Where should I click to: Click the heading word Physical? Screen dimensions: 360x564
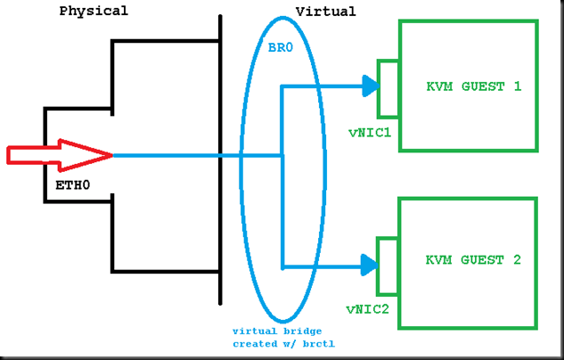pos(94,12)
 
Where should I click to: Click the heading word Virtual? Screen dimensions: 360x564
pos(325,12)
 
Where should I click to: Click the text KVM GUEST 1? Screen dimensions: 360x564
pos(473,86)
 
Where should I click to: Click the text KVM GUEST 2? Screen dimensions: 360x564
pos(473,260)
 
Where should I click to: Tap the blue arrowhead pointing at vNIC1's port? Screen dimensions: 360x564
pos(370,86)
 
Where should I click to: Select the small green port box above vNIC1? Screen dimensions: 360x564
pos(388,88)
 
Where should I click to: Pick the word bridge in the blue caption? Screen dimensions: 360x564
pos(303,330)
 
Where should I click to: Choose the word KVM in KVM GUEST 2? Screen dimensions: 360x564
pos(439,260)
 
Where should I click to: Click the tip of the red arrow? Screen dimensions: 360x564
pos(110,156)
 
